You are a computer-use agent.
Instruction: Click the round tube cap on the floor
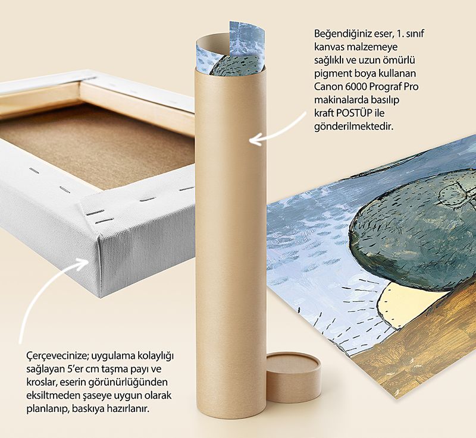pyautogui.click(x=293, y=376)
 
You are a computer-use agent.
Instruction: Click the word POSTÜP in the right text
pyautogui.click(x=354, y=113)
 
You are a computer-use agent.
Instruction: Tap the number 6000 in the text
pyautogui.click(x=356, y=87)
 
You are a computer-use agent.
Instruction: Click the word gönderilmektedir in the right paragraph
pyautogui.click(x=353, y=127)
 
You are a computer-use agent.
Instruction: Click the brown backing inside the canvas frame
pyautogui.click(x=100, y=146)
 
